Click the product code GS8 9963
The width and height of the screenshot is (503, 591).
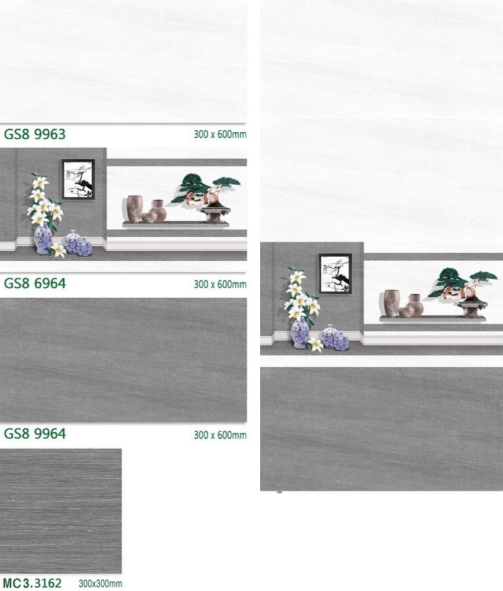(x=35, y=134)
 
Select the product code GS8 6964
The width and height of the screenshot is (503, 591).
(x=35, y=283)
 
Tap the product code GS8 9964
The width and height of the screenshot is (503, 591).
(x=35, y=433)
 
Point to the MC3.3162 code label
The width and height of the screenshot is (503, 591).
(x=32, y=583)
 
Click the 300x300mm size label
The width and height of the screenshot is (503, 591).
(x=100, y=584)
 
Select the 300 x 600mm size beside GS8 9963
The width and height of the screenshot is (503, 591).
(x=220, y=134)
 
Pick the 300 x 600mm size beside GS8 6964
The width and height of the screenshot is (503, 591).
(x=220, y=284)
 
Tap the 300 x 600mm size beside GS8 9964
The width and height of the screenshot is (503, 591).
(x=220, y=435)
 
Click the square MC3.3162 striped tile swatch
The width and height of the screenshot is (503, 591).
(x=61, y=511)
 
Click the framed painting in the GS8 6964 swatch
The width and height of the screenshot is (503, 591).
(x=78, y=179)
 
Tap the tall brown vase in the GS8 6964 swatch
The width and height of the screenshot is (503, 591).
(x=134, y=209)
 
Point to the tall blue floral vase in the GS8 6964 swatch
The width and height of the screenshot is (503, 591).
(x=43, y=239)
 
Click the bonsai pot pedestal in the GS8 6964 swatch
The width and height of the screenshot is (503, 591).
(x=215, y=215)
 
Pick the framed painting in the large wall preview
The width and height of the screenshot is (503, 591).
(x=335, y=274)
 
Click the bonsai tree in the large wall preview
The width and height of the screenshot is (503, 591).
(x=463, y=283)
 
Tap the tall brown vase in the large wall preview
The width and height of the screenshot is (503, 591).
(x=391, y=303)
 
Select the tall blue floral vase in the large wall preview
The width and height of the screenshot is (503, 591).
(x=300, y=333)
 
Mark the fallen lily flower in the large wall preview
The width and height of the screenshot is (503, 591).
(x=315, y=345)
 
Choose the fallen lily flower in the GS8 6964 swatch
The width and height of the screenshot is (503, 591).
(x=58, y=250)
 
